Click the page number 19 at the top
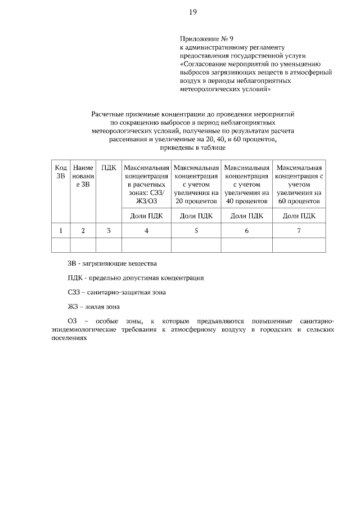pyautogui.click(x=192, y=11)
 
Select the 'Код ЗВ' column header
pyautogui.click(x=60, y=172)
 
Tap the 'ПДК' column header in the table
pyautogui.click(x=109, y=168)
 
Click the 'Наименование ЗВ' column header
pyautogui.click(x=83, y=176)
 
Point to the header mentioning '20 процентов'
pyautogui.click(x=196, y=184)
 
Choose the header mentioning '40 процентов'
pyautogui.click(x=247, y=184)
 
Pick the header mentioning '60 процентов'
pyautogui.click(x=299, y=184)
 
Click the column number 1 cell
pyautogui.click(x=60, y=230)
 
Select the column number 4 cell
pyautogui.click(x=146, y=230)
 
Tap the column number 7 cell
pyautogui.click(x=299, y=230)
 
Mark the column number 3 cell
pyautogui.click(x=109, y=230)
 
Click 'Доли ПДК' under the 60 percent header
pyautogui.click(x=299, y=215)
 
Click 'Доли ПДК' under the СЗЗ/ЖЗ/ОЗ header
pyautogui.click(x=146, y=215)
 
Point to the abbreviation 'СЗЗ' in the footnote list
pyautogui.click(x=74, y=292)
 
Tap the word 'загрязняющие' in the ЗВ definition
pyautogui.click(x=107, y=263)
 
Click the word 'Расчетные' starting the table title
pyautogui.click(x=107, y=114)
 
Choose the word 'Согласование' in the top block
pyautogui.click(x=204, y=64)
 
